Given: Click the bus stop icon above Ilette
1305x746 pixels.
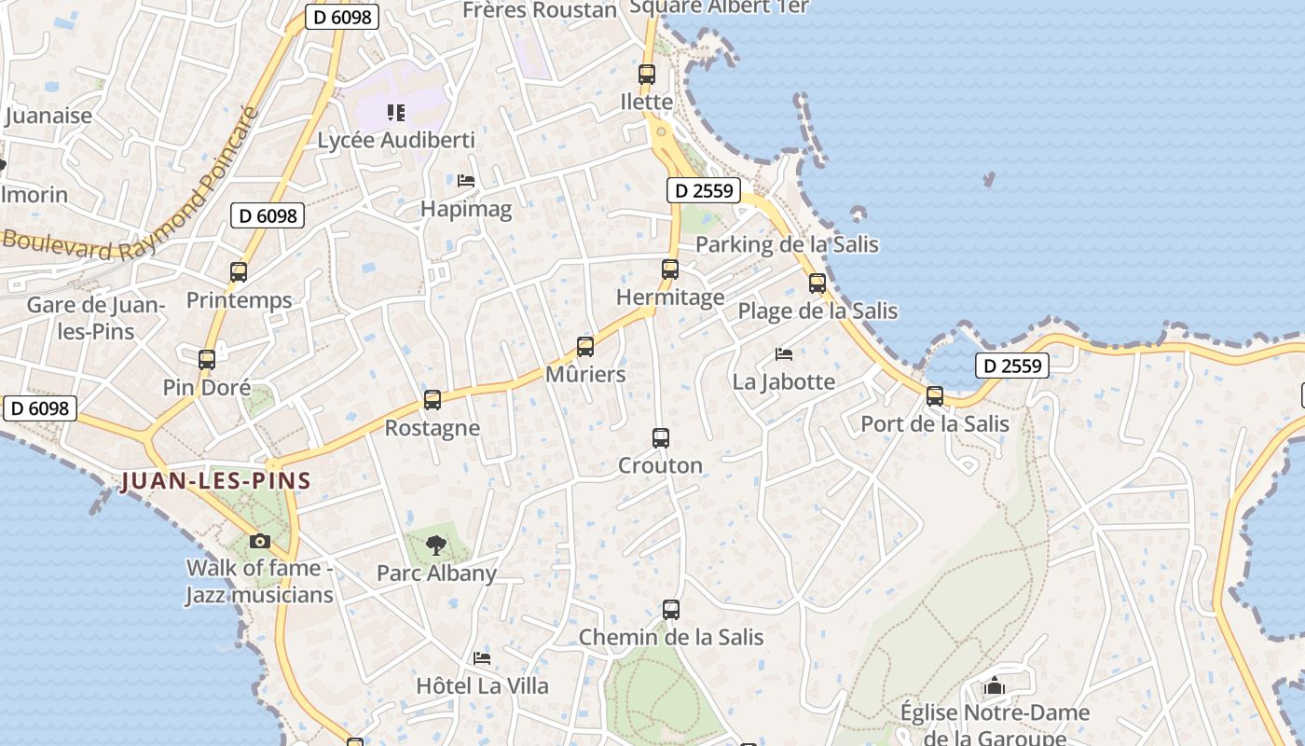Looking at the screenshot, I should click(647, 75).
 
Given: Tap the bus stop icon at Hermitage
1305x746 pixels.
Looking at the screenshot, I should click(669, 269).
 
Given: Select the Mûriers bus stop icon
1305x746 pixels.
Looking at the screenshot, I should click(585, 347).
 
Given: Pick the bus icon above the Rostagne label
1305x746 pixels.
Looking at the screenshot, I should click(433, 400).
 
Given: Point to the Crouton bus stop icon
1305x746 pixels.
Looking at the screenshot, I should click(661, 437).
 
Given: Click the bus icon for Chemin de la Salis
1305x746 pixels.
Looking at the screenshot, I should click(671, 610).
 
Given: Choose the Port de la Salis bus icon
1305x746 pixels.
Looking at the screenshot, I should click(935, 396).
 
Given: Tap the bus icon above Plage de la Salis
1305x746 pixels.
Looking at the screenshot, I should click(817, 283).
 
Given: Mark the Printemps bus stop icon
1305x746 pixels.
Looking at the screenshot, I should click(239, 272).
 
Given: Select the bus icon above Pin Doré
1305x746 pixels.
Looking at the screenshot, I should click(207, 359).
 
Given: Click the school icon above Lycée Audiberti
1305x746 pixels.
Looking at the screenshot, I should click(396, 113).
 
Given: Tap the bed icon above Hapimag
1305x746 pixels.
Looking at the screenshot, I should click(466, 180).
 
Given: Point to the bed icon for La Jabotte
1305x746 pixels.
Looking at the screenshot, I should click(784, 353).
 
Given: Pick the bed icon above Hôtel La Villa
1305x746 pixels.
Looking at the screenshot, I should click(482, 658).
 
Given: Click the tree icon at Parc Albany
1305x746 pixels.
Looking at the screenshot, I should click(435, 546).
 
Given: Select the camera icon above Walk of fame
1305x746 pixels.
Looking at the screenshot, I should click(260, 541).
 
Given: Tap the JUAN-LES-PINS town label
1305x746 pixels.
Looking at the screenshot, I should click(215, 481).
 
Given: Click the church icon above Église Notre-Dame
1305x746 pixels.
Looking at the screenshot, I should click(995, 686).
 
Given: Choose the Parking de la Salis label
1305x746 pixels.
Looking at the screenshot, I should click(788, 244).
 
